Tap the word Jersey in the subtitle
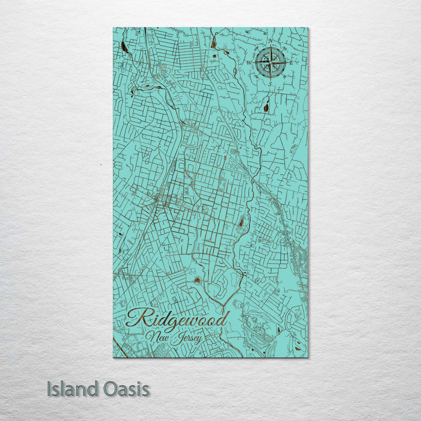(x=185, y=338)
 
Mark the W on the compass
(x=250, y=61)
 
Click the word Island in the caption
(x=71, y=388)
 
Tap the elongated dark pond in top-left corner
(x=125, y=48)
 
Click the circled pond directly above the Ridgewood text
(x=196, y=281)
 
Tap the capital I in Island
(x=50, y=388)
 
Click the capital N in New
(x=152, y=336)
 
